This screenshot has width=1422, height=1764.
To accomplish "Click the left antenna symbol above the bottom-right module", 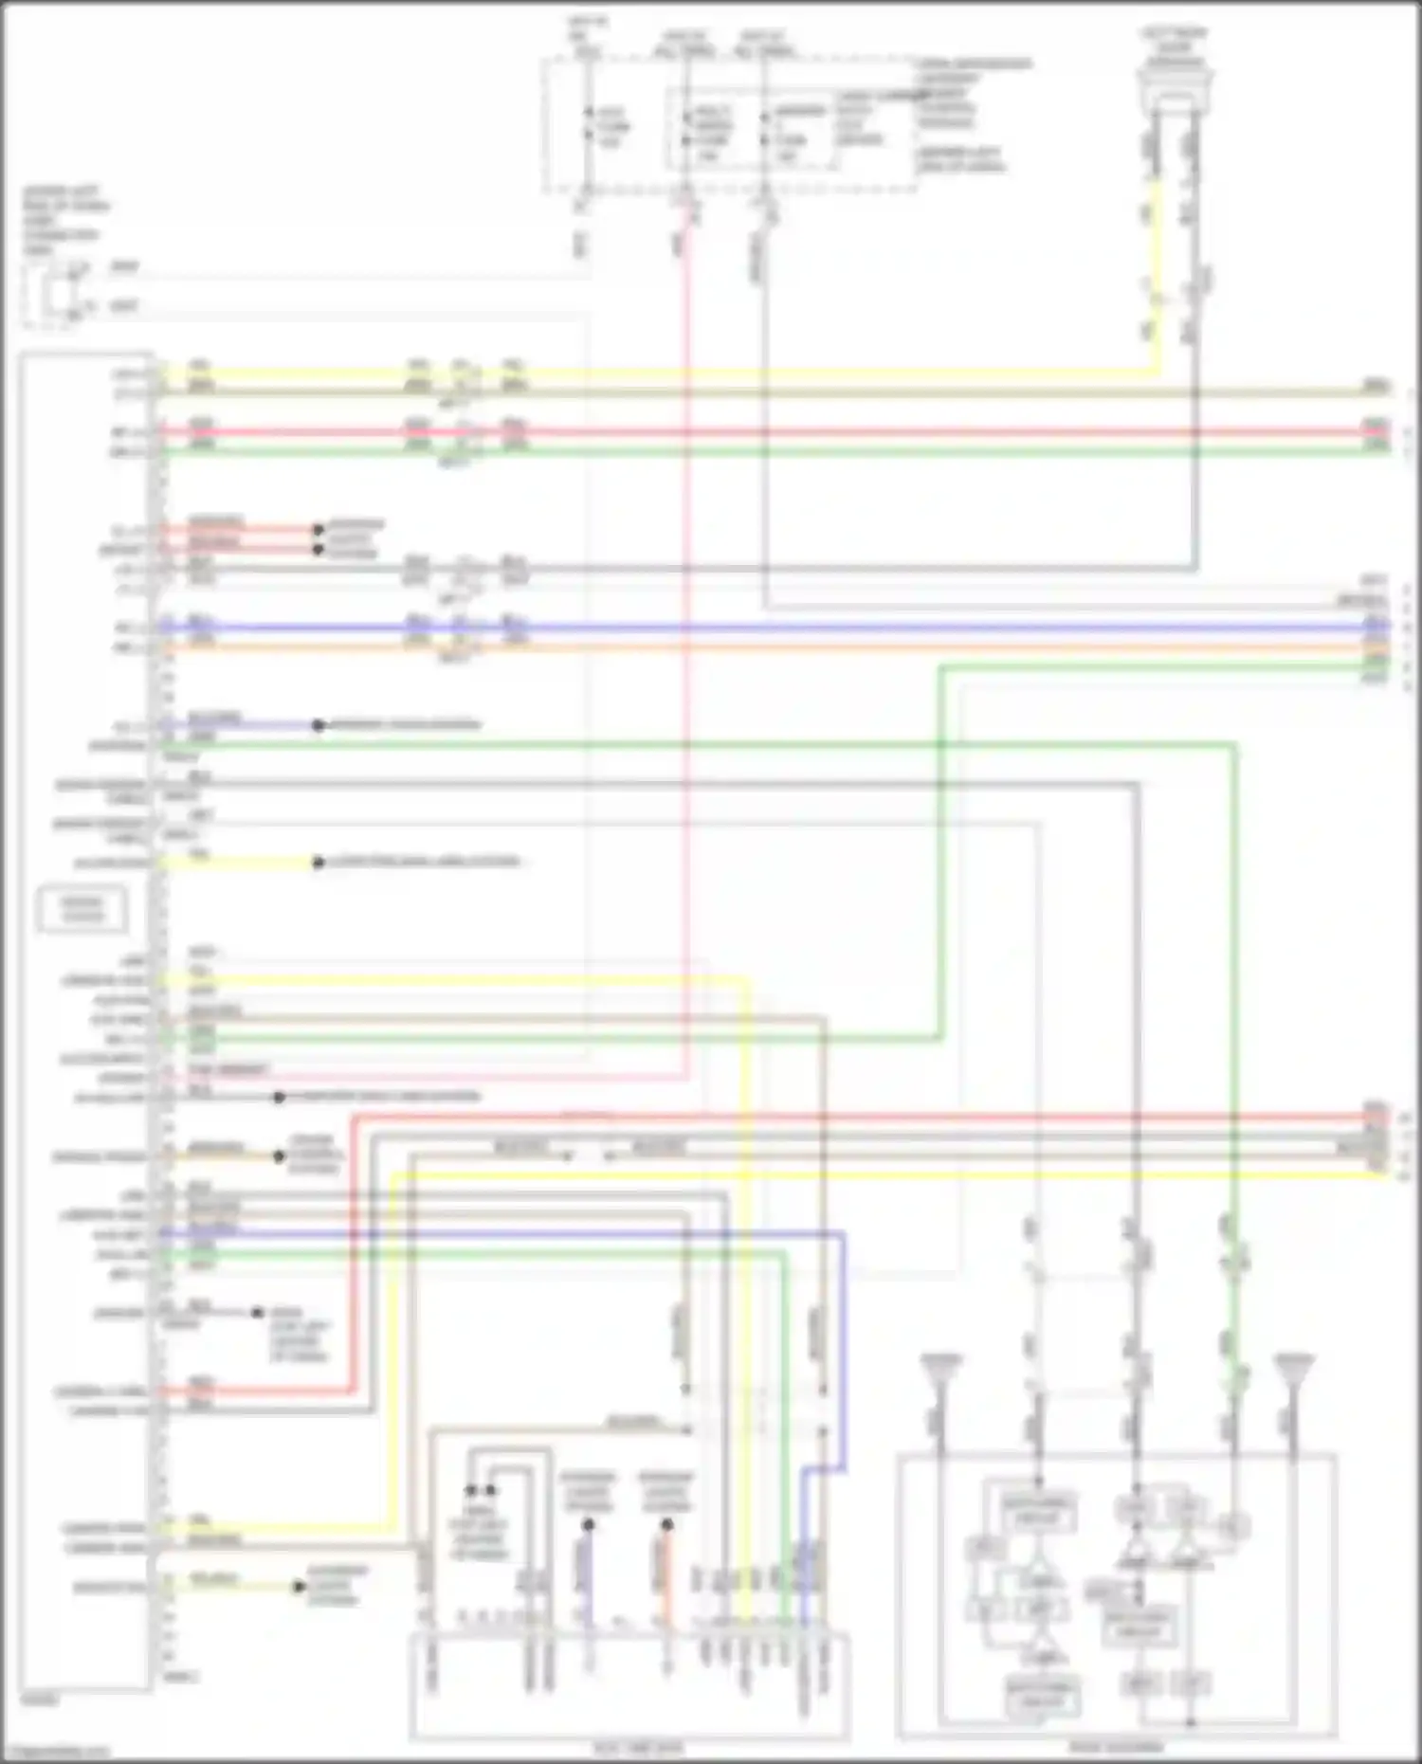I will click(x=940, y=1369).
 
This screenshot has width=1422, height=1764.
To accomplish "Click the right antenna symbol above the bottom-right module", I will click(x=1294, y=1369).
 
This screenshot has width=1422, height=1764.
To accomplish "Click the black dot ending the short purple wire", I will click(x=319, y=726).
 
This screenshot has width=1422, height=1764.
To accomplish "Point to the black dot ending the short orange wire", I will click(x=280, y=1156).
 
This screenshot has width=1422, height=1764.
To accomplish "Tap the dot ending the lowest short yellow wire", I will click(x=300, y=1586).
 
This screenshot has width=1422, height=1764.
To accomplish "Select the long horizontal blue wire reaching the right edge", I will click(x=758, y=627).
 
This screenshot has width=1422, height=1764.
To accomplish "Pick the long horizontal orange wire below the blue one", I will click(x=758, y=648).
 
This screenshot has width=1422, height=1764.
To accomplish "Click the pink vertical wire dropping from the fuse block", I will click(x=684, y=664).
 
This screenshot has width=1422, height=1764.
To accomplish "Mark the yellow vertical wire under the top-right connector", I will click(x=1156, y=275).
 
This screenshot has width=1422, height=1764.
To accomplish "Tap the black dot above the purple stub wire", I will click(x=588, y=1525).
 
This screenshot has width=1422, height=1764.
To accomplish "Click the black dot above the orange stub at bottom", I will click(x=666, y=1525).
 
